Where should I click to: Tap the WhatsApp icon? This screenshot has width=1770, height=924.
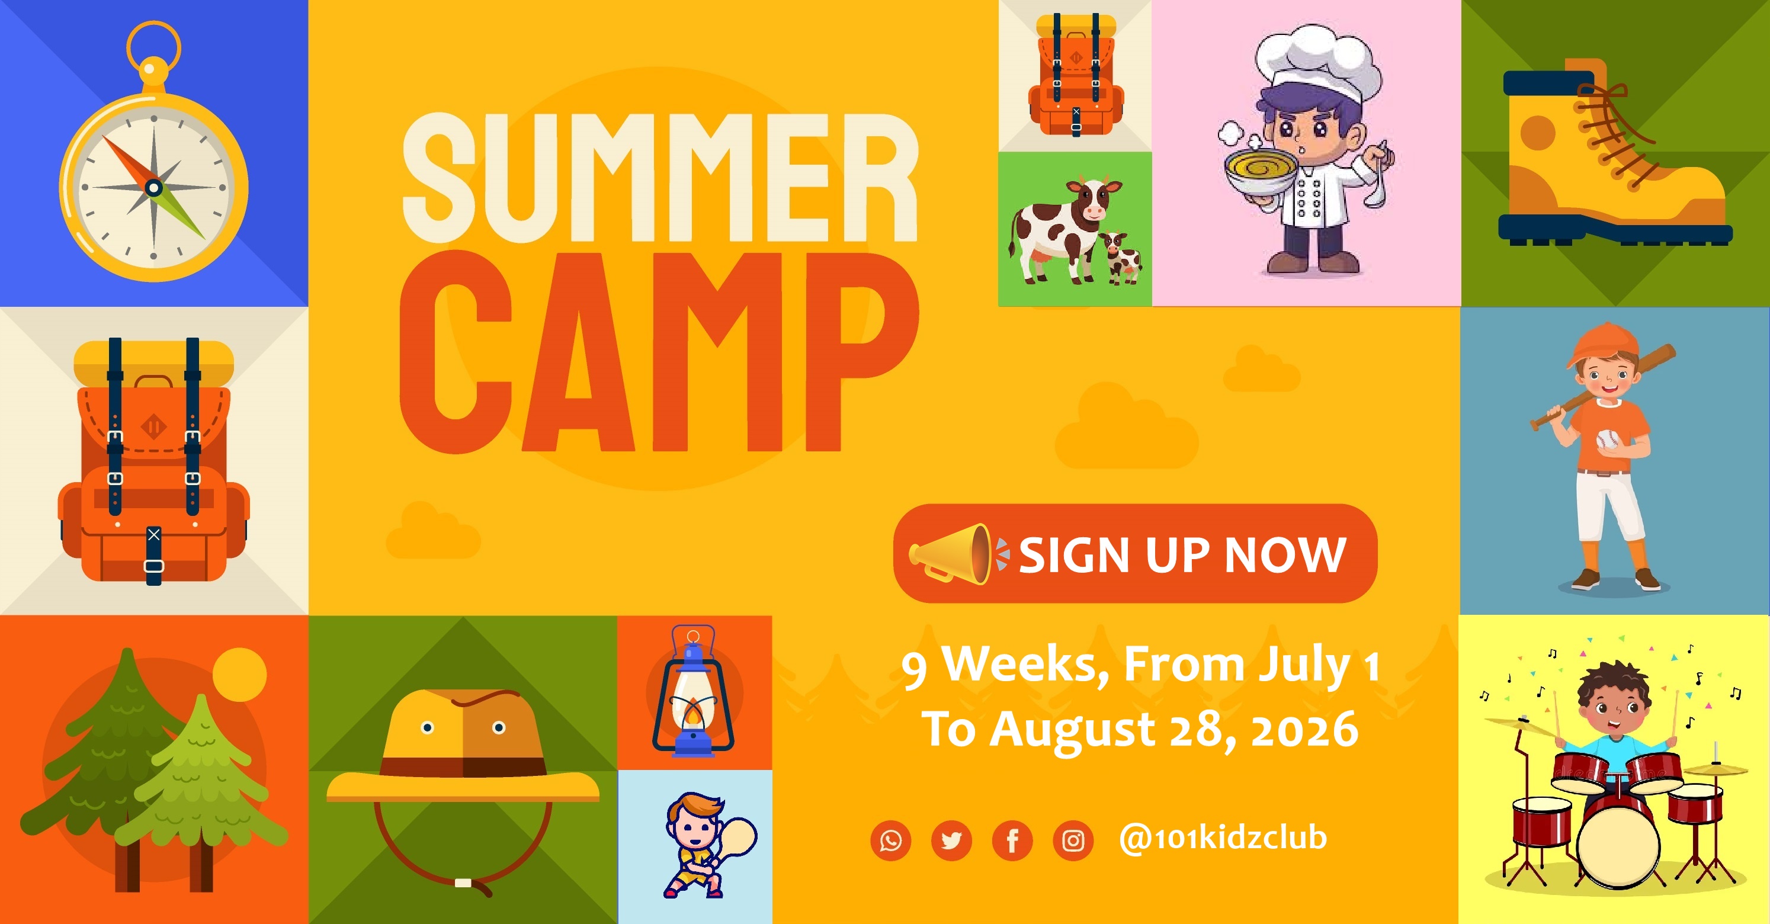[890, 840]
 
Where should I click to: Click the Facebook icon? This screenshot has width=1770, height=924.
[1012, 840]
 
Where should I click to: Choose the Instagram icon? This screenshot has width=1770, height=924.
[1073, 840]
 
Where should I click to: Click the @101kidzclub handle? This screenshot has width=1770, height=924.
[1223, 838]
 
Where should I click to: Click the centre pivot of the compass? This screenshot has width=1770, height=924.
[154, 187]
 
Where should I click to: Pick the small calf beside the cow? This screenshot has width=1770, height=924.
[1120, 258]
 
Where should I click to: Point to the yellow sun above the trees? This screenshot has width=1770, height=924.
[239, 675]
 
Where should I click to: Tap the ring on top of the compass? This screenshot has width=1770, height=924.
[153, 46]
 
